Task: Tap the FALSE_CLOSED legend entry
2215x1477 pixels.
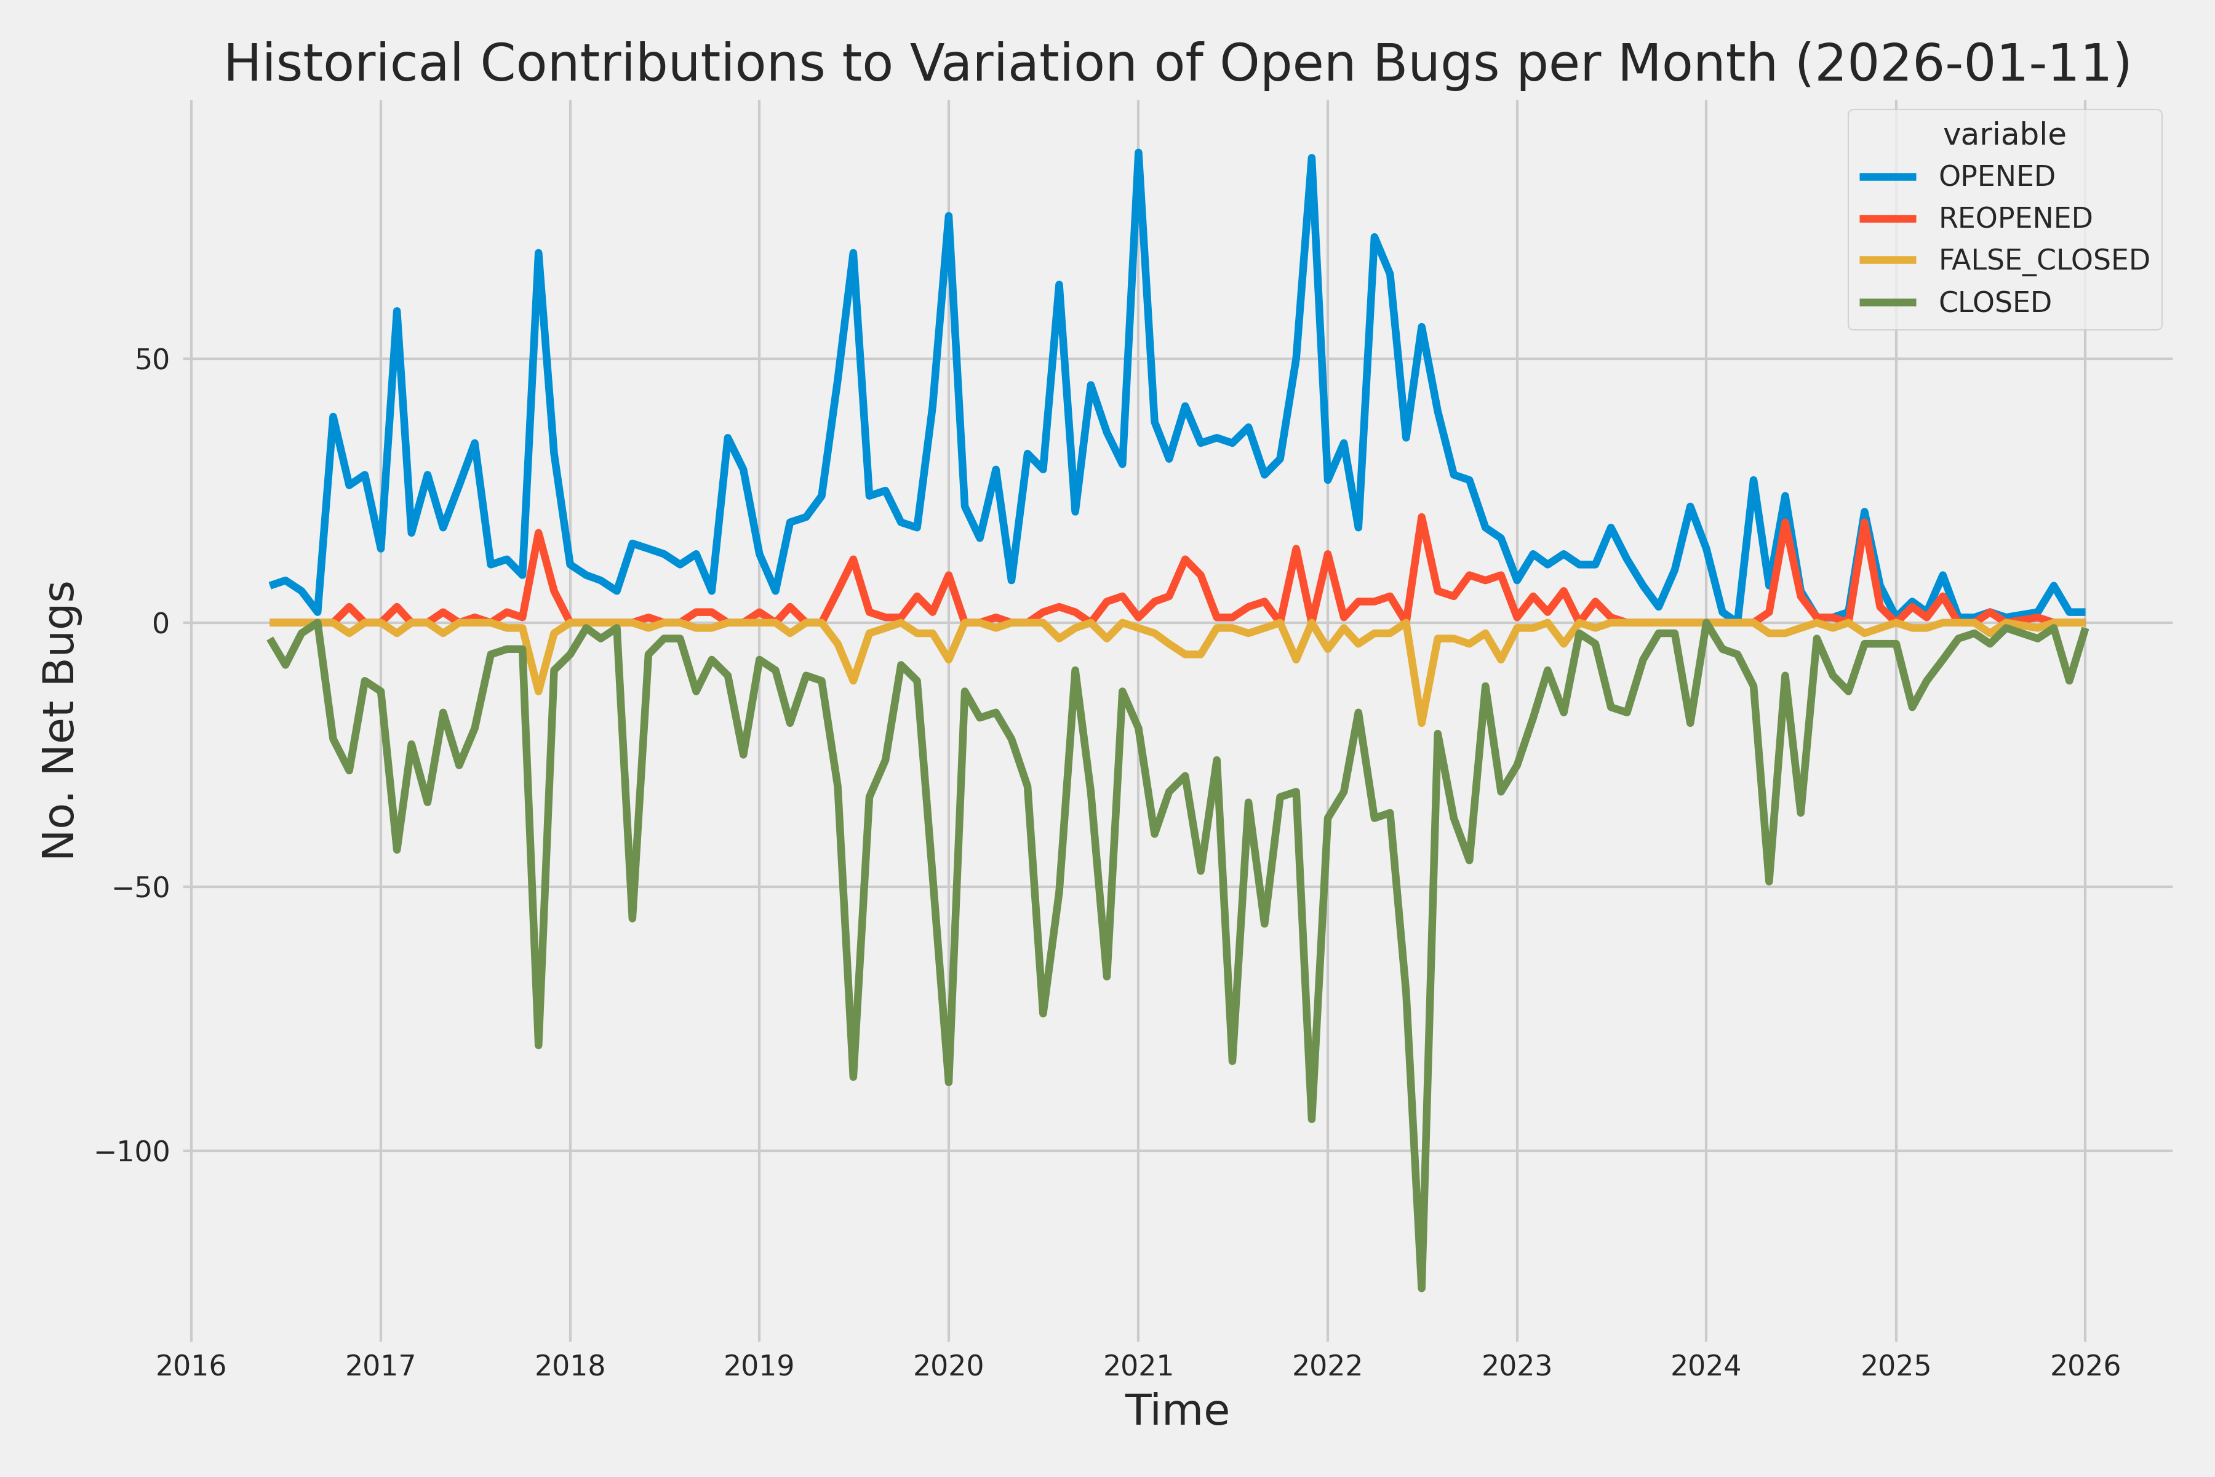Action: click(2043, 260)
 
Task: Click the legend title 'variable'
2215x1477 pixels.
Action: click(2004, 135)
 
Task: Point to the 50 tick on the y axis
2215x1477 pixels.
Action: click(151, 359)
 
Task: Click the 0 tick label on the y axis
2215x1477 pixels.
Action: click(160, 623)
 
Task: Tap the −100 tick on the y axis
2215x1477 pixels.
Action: click(132, 1151)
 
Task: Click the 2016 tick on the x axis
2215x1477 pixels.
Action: click(191, 1366)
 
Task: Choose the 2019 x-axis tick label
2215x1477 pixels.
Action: click(759, 1366)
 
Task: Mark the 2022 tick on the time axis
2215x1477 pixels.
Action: click(1327, 1366)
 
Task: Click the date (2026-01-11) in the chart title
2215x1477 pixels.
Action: click(1963, 64)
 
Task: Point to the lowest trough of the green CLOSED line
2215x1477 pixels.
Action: click(1421, 1287)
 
